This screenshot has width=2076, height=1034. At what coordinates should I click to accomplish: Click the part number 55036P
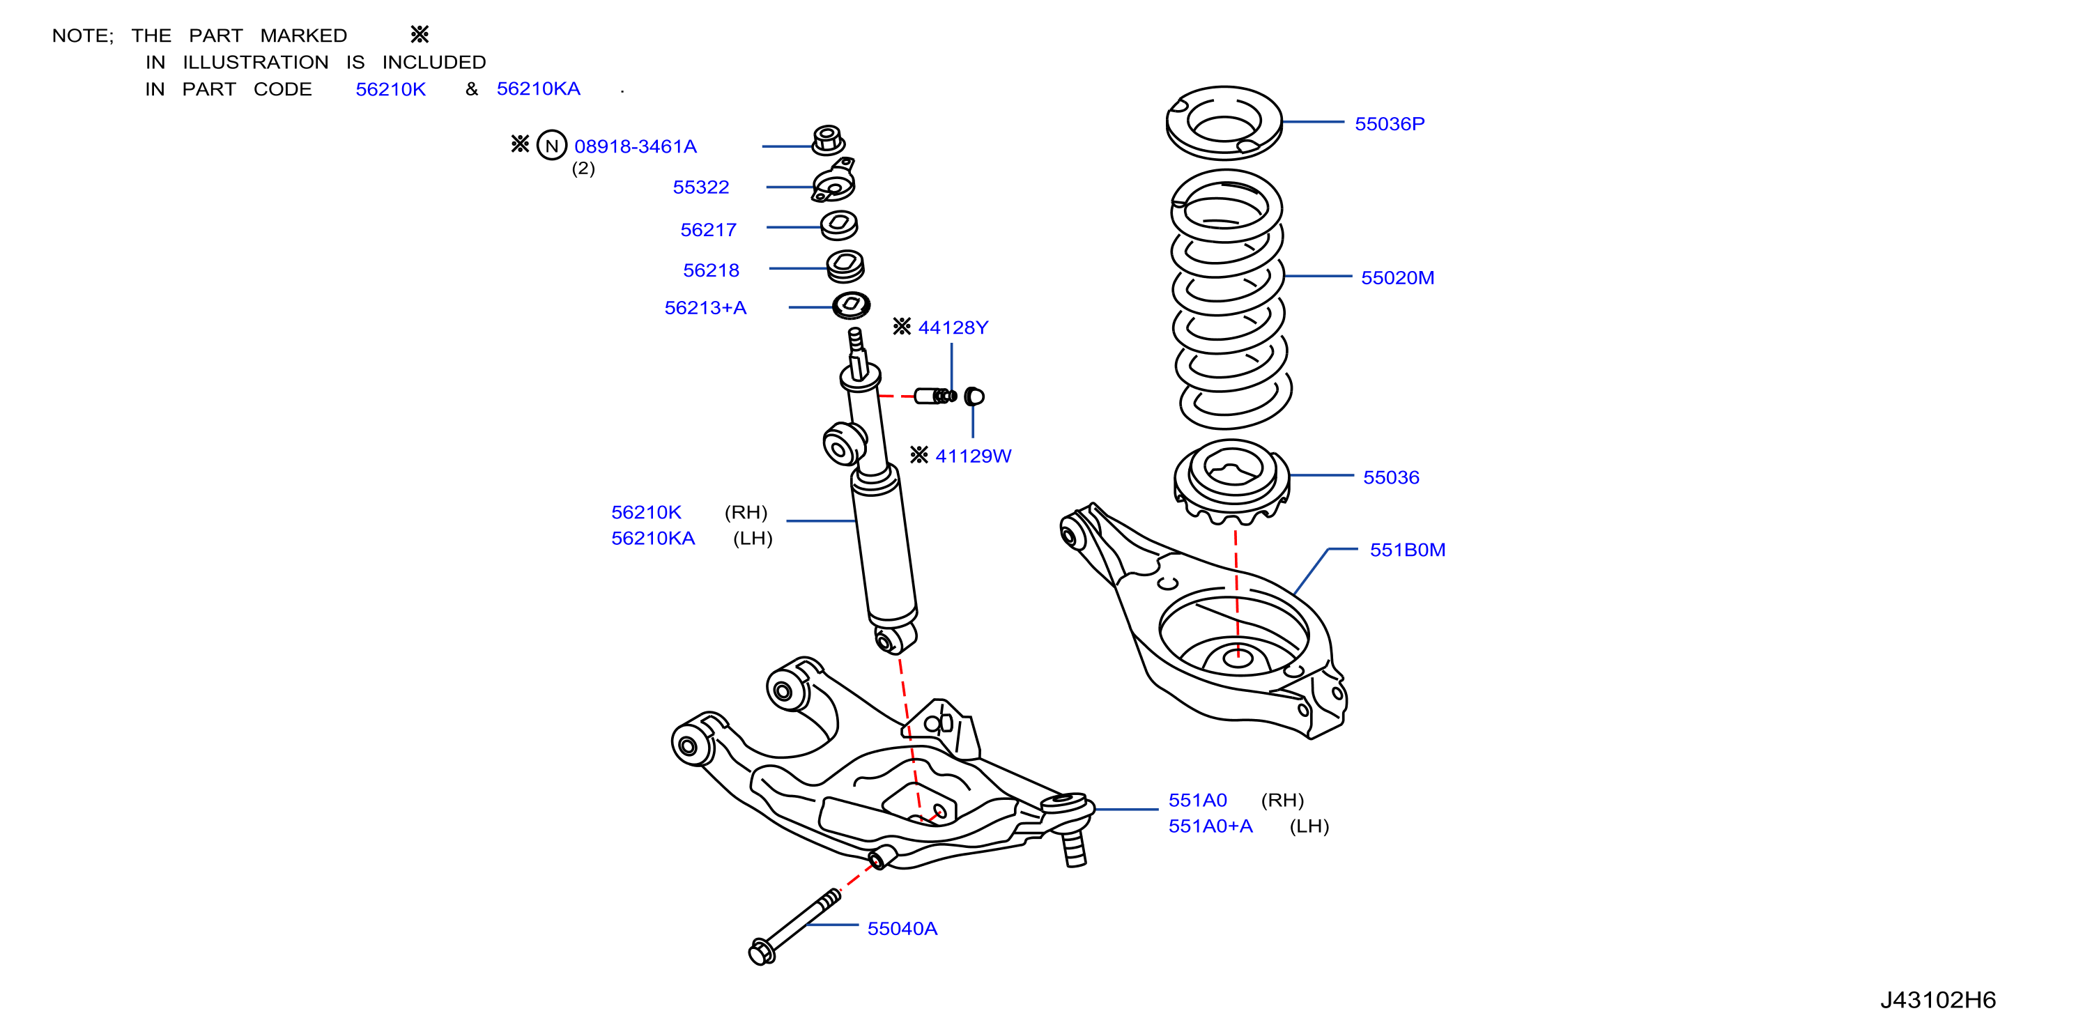pos(1390,124)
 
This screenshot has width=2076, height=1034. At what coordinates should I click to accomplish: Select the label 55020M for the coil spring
pos(1397,278)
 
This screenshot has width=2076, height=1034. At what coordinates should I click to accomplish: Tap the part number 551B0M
pos(1407,550)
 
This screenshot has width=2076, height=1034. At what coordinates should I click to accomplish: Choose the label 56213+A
pos(705,308)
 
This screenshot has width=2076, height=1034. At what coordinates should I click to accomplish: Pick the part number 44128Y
pos(953,328)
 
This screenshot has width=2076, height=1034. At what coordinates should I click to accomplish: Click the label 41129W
pos(973,456)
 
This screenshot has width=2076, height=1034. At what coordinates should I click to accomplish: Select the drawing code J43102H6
pos(1938,1000)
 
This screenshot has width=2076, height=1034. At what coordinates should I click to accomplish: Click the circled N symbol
pos(552,146)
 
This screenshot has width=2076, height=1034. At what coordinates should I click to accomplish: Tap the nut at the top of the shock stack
pos(828,140)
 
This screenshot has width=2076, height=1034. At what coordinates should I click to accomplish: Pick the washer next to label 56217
pos(839,225)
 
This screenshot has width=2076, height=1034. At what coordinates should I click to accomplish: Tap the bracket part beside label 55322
pos(834,181)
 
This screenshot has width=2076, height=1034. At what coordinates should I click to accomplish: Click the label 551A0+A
pos(1210,827)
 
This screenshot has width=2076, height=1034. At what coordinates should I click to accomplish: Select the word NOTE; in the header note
pos(83,36)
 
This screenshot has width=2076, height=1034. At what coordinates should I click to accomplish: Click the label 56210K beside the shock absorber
pos(646,513)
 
